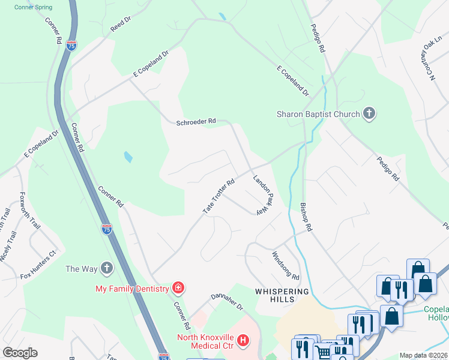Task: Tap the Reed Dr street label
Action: point(121,24)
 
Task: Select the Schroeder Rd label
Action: point(196,122)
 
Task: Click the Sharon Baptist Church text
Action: point(318,114)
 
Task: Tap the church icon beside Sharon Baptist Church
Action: point(369,114)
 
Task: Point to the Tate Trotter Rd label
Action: point(218,196)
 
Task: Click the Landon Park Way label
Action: point(263,194)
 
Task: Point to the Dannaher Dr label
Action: point(227,302)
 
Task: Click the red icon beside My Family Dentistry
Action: point(178,289)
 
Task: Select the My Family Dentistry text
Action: point(132,289)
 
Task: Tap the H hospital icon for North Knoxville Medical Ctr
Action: point(243,341)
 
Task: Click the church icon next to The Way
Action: point(106,268)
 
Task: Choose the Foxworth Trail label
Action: point(29,210)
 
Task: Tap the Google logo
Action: point(20,353)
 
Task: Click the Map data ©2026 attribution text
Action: point(423,355)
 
